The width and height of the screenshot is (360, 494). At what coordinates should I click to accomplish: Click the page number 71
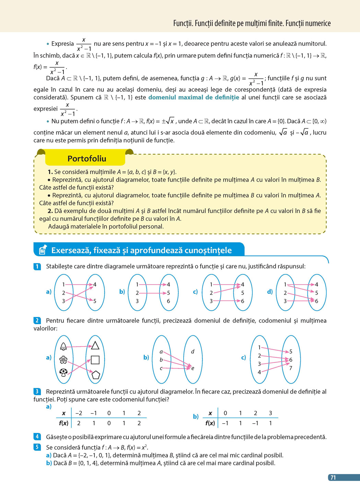tap(333, 477)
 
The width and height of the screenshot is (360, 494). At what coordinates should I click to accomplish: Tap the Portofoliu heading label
tap(87, 159)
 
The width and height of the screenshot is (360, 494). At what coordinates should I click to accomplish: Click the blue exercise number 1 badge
tap(37, 266)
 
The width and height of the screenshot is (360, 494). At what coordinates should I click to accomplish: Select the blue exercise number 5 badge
tap(37, 447)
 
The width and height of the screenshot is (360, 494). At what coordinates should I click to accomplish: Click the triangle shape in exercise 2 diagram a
tap(95, 345)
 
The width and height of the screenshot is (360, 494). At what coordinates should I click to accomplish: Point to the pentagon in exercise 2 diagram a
tap(95, 375)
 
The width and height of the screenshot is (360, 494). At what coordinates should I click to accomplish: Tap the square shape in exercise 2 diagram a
tap(95, 360)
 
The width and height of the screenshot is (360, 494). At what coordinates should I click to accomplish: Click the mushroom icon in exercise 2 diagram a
tap(63, 372)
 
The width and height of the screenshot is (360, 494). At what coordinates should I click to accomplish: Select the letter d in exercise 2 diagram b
tap(193, 352)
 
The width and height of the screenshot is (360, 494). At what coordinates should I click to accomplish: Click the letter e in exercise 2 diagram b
tap(193, 368)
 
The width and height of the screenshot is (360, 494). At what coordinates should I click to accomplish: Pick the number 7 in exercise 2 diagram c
tap(291, 368)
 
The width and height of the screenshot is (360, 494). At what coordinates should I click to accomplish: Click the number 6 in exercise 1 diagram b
tap(169, 301)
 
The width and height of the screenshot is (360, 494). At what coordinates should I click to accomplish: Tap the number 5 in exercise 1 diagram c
tap(243, 293)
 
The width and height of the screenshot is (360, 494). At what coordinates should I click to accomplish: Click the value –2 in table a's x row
tap(79, 413)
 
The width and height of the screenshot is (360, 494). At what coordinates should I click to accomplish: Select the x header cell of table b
tap(210, 413)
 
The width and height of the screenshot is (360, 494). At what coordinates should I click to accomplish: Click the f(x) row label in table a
tap(63, 423)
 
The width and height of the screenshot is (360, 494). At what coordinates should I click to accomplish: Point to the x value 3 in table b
tap(270, 413)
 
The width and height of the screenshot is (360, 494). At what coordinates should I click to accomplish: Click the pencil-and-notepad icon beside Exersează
tap(43, 250)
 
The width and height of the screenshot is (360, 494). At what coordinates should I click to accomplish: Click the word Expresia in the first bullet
tap(62, 44)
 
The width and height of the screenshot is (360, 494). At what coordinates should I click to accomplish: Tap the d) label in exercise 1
tap(270, 292)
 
